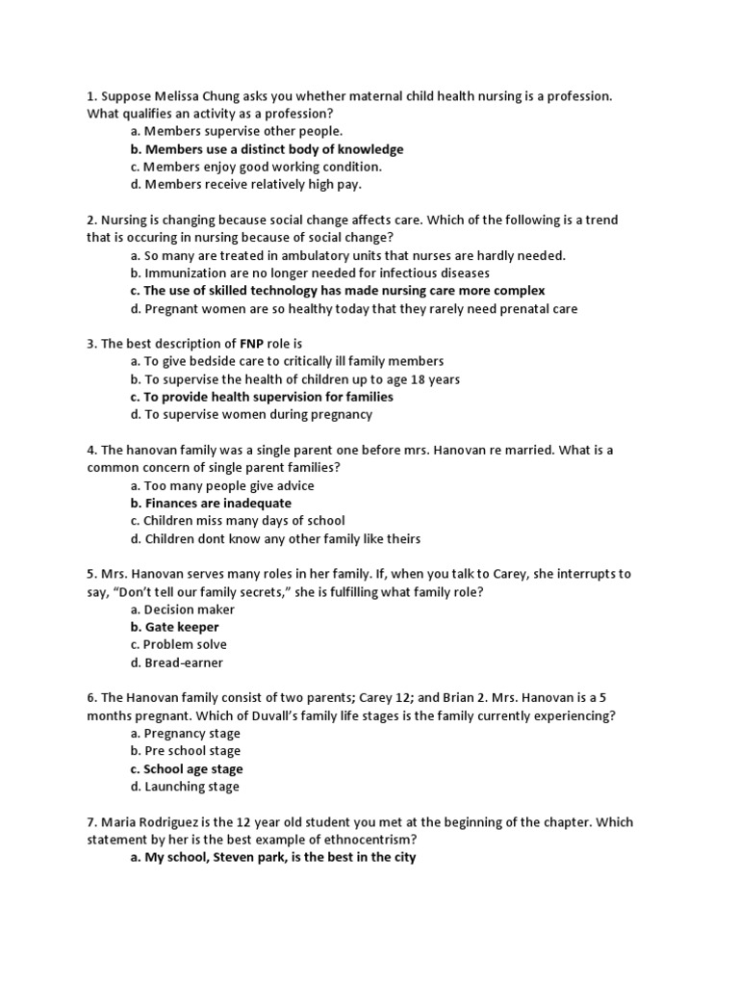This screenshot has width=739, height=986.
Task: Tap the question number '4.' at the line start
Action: coord(91,451)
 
